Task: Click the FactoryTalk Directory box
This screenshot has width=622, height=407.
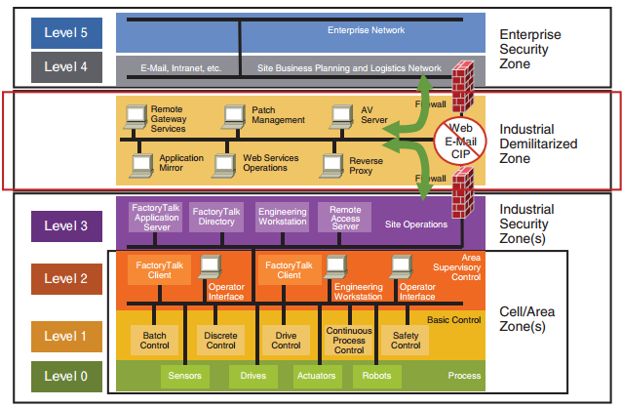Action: tap(214, 217)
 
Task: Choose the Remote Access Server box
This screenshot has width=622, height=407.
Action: tap(344, 217)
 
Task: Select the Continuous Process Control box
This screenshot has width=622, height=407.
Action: tap(348, 339)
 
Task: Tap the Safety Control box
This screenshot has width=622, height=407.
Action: tap(406, 339)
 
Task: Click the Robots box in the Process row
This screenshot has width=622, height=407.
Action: tap(376, 375)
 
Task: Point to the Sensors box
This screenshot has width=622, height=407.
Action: tap(185, 375)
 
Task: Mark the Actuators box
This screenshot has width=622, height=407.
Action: tap(317, 375)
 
